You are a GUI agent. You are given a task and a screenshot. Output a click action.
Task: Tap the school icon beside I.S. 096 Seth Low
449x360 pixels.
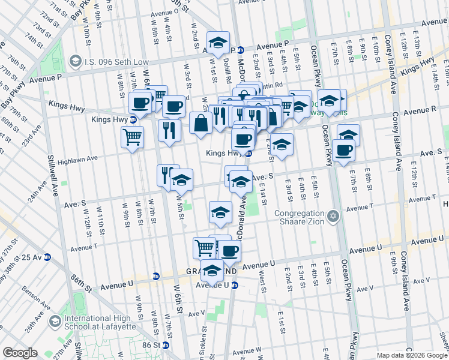[76, 61]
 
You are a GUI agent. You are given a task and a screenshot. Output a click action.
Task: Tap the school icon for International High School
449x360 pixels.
[55, 322]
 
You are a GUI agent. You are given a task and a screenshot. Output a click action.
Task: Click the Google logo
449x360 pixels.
[20, 353]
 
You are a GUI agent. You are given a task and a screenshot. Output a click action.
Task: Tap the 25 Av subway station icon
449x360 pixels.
[47, 257]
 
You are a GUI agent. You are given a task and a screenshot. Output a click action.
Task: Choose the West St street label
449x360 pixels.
[262, 278]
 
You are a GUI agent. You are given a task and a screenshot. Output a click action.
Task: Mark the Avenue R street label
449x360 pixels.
[420, 111]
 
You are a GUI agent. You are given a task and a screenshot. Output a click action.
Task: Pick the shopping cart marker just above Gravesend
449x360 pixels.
[204, 247]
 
